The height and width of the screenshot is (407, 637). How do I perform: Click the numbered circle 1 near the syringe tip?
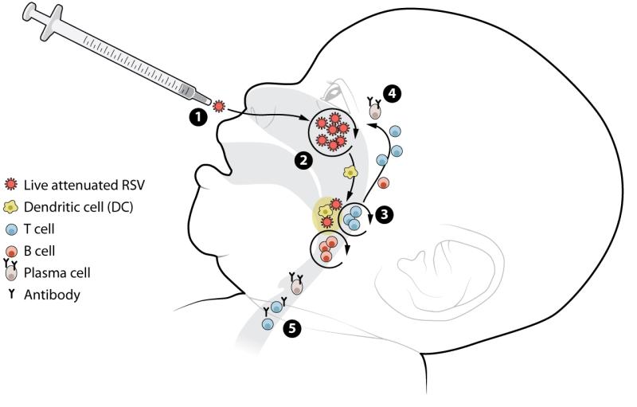[x=198, y=117]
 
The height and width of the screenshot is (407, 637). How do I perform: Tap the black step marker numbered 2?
[x=303, y=160]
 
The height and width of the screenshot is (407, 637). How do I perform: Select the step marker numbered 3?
[x=385, y=214]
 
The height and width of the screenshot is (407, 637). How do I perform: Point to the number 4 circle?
[x=392, y=94]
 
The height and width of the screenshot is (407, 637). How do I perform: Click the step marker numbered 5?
[x=292, y=328]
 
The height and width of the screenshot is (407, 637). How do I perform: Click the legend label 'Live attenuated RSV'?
[x=84, y=186]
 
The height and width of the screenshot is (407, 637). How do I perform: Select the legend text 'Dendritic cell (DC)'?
[x=78, y=207]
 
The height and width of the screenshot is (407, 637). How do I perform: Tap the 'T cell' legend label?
[x=39, y=229]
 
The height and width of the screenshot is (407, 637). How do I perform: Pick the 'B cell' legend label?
[x=39, y=251]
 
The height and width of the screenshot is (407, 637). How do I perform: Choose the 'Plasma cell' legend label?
[x=57, y=272]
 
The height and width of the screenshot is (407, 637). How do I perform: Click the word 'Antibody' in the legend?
[x=52, y=295]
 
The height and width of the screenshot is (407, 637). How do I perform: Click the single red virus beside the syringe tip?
[x=219, y=107]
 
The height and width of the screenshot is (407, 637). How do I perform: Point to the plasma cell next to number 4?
[x=375, y=110]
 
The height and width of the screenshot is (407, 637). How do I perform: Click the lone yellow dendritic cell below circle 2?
[x=350, y=173]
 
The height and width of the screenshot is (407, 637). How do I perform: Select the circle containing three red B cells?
[x=327, y=250]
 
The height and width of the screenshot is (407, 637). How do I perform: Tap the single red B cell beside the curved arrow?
[x=384, y=183]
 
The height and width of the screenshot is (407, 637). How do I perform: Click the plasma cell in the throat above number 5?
[x=297, y=285]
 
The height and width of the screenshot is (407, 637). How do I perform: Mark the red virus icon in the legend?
[x=11, y=185]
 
